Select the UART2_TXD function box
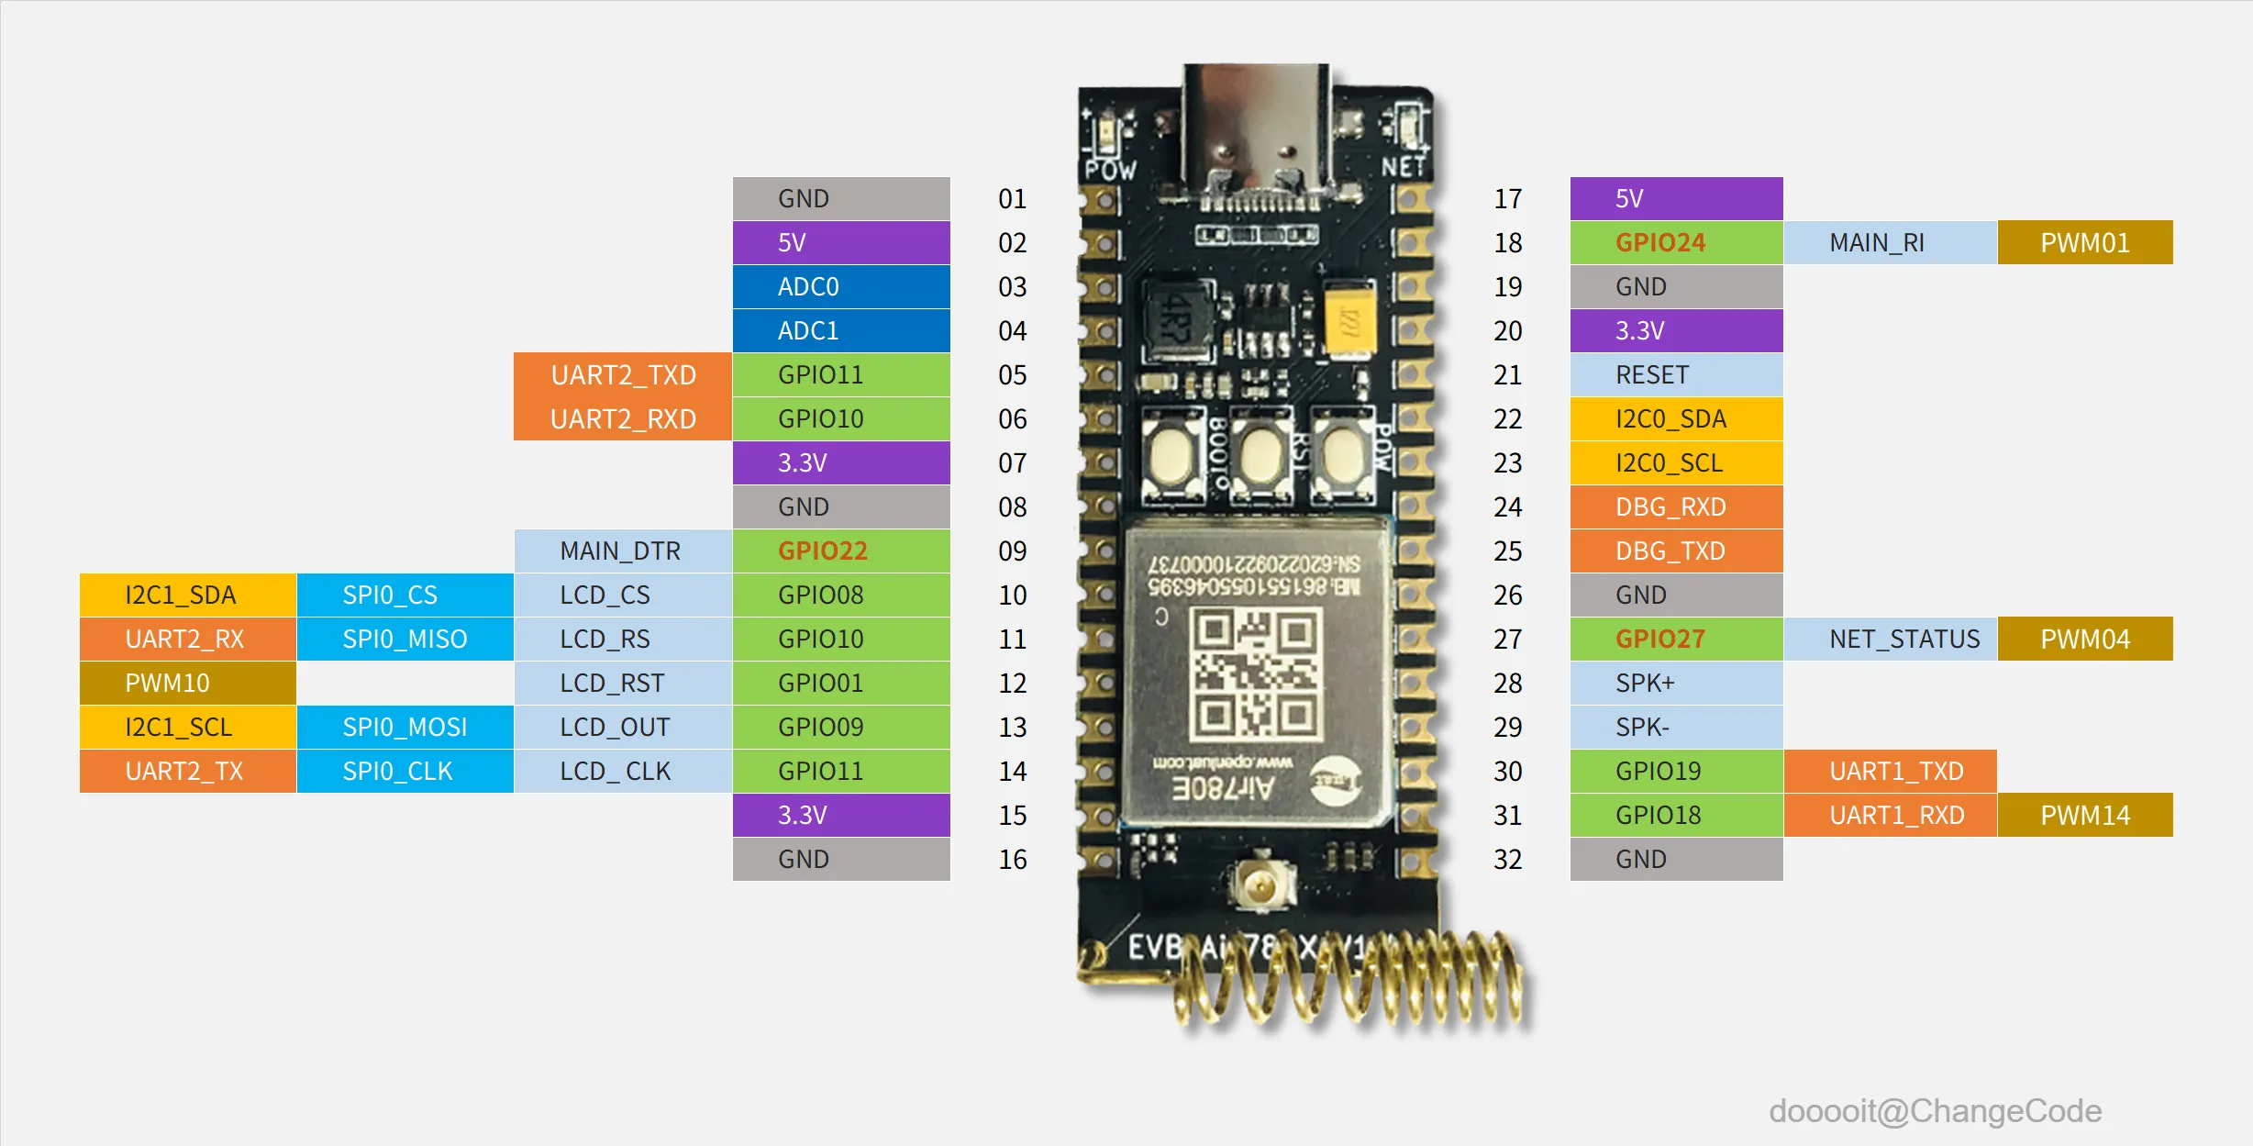pyautogui.click(x=623, y=375)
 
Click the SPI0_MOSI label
pyautogui.click(x=405, y=728)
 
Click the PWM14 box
pyautogui.click(x=2084, y=816)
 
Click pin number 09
pyautogui.click(x=1013, y=551)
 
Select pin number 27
pyautogui.click(x=1507, y=640)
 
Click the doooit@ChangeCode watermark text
pyautogui.click(x=1935, y=1111)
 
